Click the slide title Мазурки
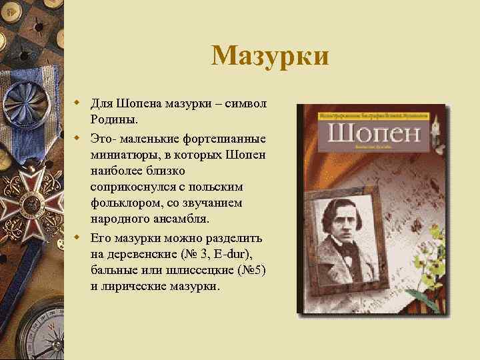[269, 56]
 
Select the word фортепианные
[226, 139]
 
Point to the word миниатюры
[122, 155]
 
